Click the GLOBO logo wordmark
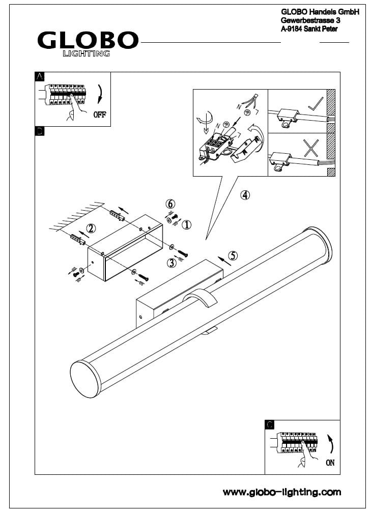(88, 40)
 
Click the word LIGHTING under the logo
(86, 53)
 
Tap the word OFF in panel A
(100, 115)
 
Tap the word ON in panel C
(330, 463)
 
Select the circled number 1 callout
(186, 224)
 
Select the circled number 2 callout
(91, 228)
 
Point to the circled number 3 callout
(172, 263)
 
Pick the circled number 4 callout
(245, 195)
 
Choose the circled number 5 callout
(233, 255)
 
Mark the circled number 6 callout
(170, 204)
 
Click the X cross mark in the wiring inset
(311, 148)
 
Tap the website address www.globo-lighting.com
(282, 492)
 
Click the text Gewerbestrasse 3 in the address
(310, 20)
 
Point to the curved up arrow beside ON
(330, 444)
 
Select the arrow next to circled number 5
(224, 261)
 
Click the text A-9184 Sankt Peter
(309, 29)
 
